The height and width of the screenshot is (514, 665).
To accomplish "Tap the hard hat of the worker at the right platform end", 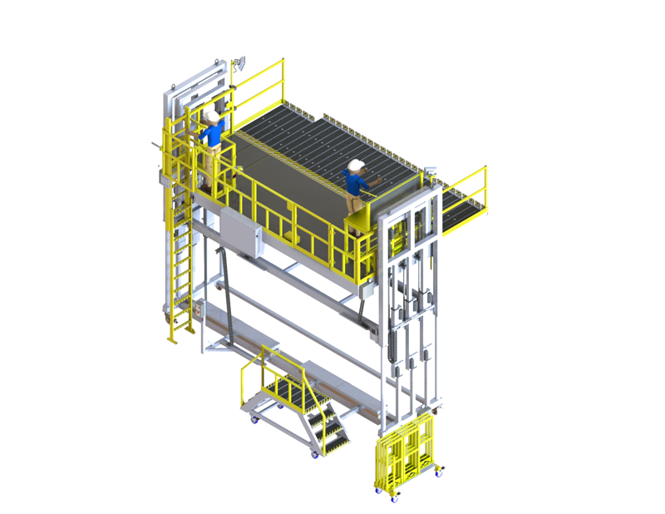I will tap(357, 164).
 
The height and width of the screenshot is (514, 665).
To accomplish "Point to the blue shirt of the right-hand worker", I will tap(356, 182).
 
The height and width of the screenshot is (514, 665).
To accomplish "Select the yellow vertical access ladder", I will tap(180, 258).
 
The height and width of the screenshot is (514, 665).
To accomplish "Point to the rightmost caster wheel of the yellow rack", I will tap(440, 472).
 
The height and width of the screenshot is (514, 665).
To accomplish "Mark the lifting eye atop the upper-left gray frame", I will tap(219, 61).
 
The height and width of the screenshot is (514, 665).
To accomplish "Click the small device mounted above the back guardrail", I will tap(240, 62).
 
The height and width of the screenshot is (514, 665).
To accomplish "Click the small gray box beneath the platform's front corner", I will tap(366, 290).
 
